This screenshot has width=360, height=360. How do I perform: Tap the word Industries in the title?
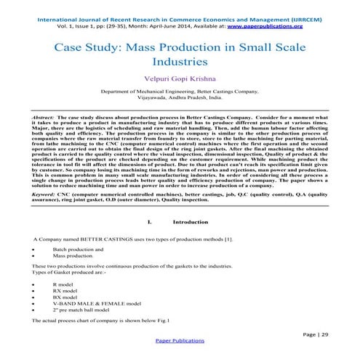tap(179, 65)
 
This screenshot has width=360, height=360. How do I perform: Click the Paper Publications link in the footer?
tap(180, 340)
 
